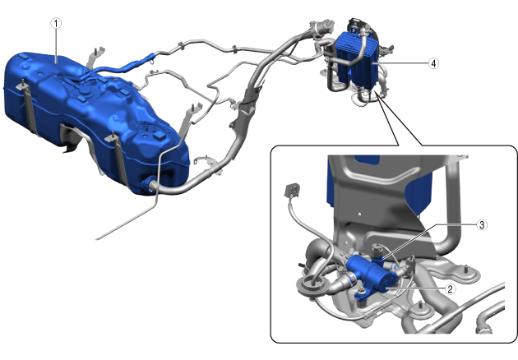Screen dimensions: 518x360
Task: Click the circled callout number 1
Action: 56,23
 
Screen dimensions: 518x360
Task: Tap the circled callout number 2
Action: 450,289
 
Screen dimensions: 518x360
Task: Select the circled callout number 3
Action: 482,224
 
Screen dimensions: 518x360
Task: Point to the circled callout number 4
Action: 433,63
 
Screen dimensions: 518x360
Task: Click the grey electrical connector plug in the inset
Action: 292,191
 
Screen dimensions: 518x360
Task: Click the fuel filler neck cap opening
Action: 323,25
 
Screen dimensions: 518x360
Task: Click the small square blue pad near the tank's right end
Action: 160,135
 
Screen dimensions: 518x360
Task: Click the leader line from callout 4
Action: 400,63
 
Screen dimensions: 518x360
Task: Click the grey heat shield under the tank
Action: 74,139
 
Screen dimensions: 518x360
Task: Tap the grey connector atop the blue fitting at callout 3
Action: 376,249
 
